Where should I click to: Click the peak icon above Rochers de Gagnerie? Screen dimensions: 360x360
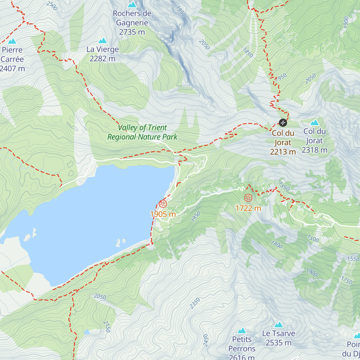pyautogui.click(x=132, y=4)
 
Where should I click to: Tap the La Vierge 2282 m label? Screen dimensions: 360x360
pyautogui.click(x=103, y=54)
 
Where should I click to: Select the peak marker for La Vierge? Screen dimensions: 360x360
pyautogui.click(x=103, y=40)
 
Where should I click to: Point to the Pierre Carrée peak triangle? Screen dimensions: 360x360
pyautogui.click(x=12, y=41)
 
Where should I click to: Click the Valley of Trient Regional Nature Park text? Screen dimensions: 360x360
pyautogui.click(x=142, y=132)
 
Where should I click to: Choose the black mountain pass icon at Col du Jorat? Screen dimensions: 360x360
pyautogui.click(x=283, y=123)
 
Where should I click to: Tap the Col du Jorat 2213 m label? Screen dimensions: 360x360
pyautogui.click(x=283, y=142)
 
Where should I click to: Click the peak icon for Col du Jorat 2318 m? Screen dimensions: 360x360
pyautogui.click(x=314, y=122)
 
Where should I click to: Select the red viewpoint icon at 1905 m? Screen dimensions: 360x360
pyautogui.click(x=163, y=204)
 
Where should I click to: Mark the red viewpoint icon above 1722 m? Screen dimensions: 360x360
pyautogui.click(x=248, y=198)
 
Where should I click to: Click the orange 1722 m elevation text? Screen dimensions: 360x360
pyautogui.click(x=248, y=208)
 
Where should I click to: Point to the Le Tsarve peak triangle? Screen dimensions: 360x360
pyautogui.click(x=279, y=325)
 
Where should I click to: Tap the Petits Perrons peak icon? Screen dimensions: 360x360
pyautogui.click(x=242, y=331)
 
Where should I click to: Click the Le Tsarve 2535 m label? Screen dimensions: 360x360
pyautogui.click(x=279, y=338)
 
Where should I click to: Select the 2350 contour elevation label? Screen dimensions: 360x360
pyautogui.click(x=195, y=303)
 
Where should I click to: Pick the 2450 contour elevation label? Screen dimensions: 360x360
pyautogui.click(x=205, y=340)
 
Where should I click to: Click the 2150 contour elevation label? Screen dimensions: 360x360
pyautogui.click(x=107, y=326)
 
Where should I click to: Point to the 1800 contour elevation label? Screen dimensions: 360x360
pyautogui.click(x=277, y=245)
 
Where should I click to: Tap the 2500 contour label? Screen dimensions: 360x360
pyautogui.click(x=52, y=5)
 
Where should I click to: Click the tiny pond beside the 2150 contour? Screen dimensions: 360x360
pyautogui.click(x=87, y=332)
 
